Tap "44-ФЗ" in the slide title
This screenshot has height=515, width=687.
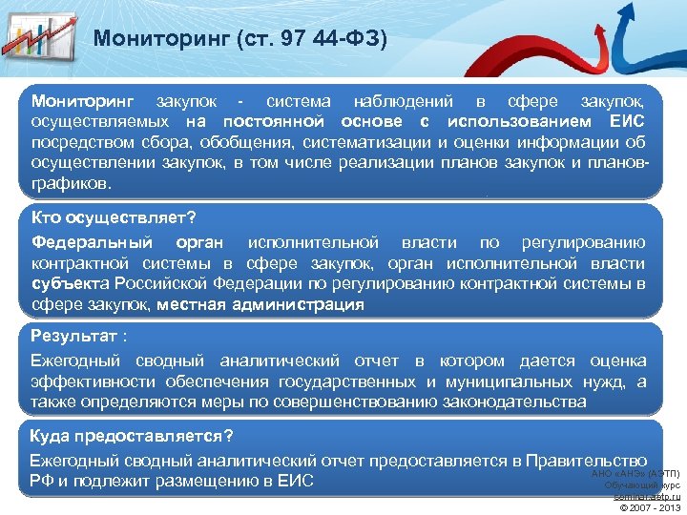pos(351,39)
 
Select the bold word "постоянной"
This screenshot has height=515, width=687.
pos(273,121)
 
